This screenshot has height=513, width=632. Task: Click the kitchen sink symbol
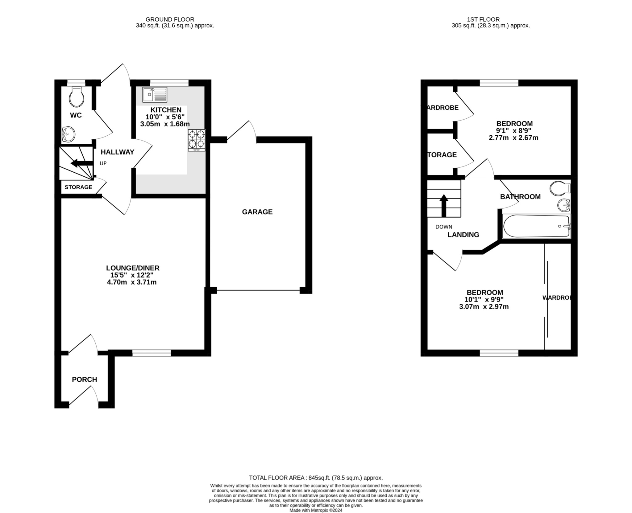tap(155, 95)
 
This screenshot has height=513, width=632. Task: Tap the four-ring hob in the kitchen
tap(197, 140)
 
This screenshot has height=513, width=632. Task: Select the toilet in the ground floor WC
tap(77, 96)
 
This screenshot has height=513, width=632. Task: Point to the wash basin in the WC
tap(69, 134)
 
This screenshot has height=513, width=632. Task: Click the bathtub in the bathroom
tap(536, 226)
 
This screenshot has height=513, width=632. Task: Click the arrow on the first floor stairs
tap(444, 205)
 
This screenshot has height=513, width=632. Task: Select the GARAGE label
tap(257, 212)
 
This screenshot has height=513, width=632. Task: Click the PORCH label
tap(84, 380)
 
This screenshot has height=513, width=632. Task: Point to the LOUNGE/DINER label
tap(133, 268)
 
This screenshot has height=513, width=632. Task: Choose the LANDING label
tap(463, 235)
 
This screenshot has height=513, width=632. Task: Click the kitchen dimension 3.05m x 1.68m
tap(165, 124)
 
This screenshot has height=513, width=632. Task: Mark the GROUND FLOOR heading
tap(170, 19)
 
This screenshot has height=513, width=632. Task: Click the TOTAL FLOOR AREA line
tap(316, 478)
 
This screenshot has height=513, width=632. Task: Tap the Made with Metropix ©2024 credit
tap(316, 510)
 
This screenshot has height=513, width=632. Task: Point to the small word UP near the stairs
tap(103, 163)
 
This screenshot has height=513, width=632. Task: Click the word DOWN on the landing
tap(443, 227)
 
